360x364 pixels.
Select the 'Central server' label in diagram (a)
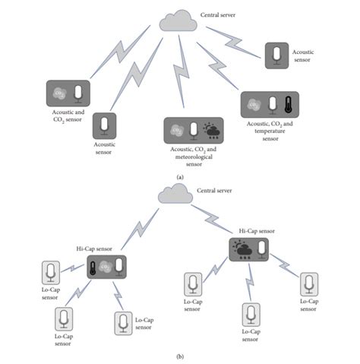[x=218, y=14]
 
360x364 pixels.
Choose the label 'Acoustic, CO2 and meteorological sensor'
[x=194, y=154]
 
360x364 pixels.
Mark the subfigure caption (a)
[x=180, y=176]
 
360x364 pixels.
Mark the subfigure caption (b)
[x=180, y=355]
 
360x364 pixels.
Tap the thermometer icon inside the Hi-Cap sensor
[x=93, y=267]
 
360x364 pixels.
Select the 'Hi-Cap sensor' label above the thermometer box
[x=95, y=248]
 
